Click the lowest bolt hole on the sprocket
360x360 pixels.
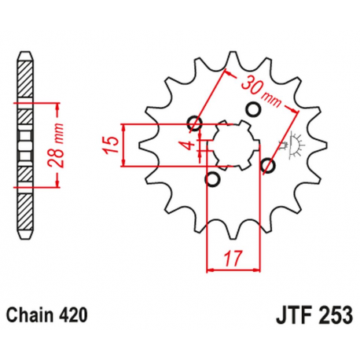(x=211, y=180)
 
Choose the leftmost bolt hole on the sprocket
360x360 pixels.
(x=196, y=123)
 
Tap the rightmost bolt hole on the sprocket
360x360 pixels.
(x=268, y=164)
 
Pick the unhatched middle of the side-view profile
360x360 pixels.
(x=26, y=145)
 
